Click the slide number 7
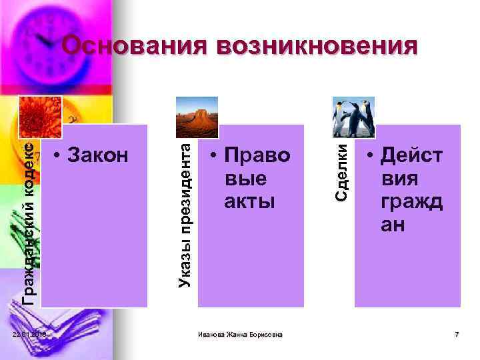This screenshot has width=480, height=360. pyautogui.click(x=457, y=333)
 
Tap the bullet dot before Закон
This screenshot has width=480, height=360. pyautogui.click(x=59, y=157)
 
